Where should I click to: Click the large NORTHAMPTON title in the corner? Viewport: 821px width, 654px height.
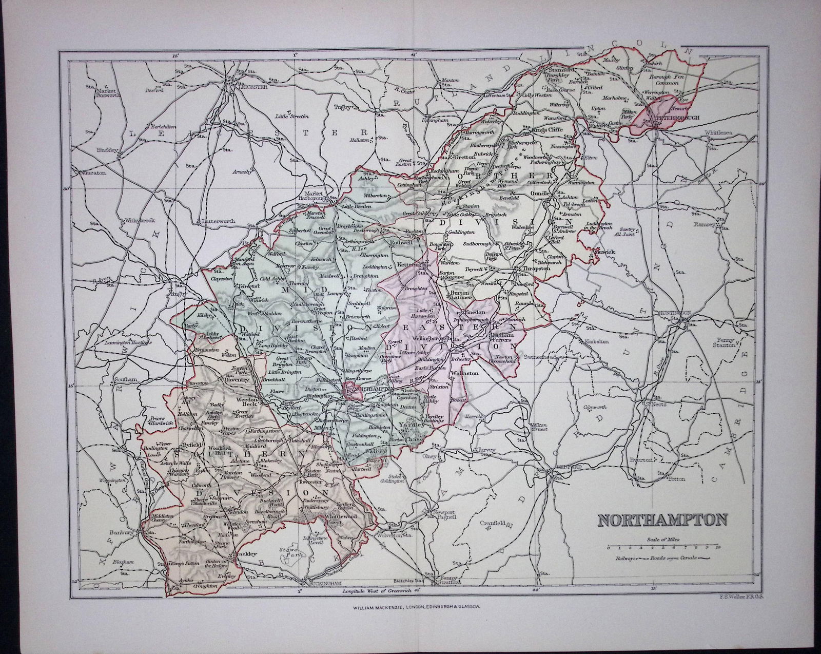pos(661,520)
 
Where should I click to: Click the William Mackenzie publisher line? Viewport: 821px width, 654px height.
pos(416,607)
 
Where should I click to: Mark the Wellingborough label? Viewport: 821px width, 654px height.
pos(428,339)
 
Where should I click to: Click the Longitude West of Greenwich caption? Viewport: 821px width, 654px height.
pos(378,592)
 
